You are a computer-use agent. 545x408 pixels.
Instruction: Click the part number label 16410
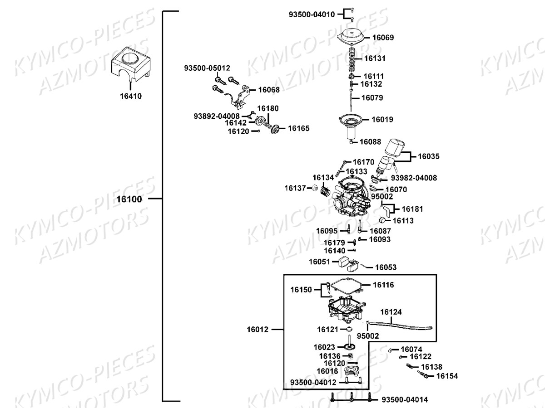click(131, 96)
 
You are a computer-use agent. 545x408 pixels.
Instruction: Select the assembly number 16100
click(129, 199)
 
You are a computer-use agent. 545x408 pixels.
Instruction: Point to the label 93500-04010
click(312, 15)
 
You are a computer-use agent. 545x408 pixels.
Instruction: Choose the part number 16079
click(372, 97)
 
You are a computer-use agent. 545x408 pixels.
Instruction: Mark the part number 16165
click(298, 128)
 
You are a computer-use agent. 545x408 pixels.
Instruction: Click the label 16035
click(429, 156)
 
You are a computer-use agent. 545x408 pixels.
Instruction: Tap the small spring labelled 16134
click(324, 191)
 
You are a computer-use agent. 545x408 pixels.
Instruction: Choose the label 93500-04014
click(404, 400)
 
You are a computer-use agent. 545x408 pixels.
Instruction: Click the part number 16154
click(447, 376)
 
